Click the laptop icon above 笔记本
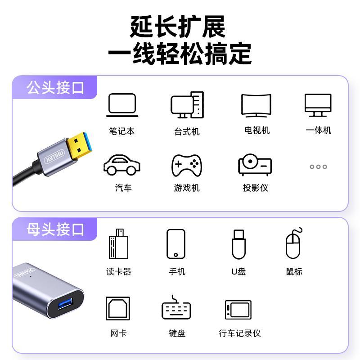pyautogui.click(x=122, y=105)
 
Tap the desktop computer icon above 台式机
pyautogui.click(x=187, y=105)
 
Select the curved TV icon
pyautogui.click(x=256, y=105)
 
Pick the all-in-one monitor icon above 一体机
pyautogui.click(x=318, y=105)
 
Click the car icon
pyautogui.click(x=122, y=165)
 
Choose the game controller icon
pyautogui.click(x=187, y=166)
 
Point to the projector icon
pyautogui.click(x=255, y=165)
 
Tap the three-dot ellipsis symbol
pyautogui.click(x=318, y=166)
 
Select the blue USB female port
pyautogui.click(x=66, y=304)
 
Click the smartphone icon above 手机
pyautogui.click(x=176, y=244)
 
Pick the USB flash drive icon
pyautogui.click(x=239, y=244)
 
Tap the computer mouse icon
pyautogui.click(x=293, y=243)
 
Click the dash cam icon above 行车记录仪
pyautogui.click(x=238, y=310)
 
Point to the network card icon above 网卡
pyautogui.click(x=118, y=308)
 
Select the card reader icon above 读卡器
pyautogui.click(x=118, y=244)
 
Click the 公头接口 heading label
pyautogui.click(x=55, y=88)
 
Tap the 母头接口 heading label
pyautogui.click(x=55, y=229)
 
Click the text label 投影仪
pyautogui.click(x=256, y=188)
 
